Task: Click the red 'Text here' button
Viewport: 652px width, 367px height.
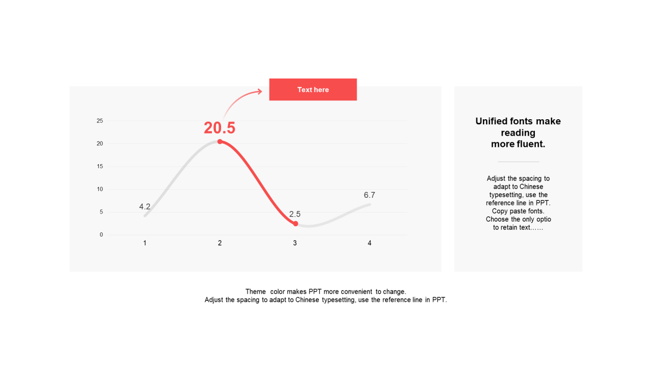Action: click(313, 89)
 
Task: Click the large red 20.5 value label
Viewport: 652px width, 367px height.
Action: click(220, 128)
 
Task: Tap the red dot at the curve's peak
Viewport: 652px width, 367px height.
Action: click(220, 142)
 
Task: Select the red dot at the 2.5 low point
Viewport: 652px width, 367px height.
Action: click(295, 224)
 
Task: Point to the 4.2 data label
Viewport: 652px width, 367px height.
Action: click(145, 206)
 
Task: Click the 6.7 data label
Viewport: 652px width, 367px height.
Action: click(369, 195)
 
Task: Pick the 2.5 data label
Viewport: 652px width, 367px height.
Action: click(295, 214)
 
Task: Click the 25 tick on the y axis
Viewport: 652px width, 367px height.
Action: click(100, 121)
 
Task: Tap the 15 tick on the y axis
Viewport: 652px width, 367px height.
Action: click(100, 166)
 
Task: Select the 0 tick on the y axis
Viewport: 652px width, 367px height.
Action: click(101, 234)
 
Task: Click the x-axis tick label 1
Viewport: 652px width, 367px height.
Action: click(145, 243)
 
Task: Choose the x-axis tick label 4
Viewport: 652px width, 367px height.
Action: click(369, 243)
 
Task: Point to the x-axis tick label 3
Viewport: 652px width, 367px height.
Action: click(295, 243)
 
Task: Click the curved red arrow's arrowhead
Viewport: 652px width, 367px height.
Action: click(259, 92)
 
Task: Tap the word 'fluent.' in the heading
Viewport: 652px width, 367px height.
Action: click(531, 144)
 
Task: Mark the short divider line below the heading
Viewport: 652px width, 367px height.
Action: click(519, 162)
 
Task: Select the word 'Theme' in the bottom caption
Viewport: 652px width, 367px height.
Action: click(256, 292)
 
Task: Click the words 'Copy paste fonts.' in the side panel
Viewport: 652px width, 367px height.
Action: click(518, 211)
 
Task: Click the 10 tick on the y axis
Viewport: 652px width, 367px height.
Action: click(100, 189)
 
